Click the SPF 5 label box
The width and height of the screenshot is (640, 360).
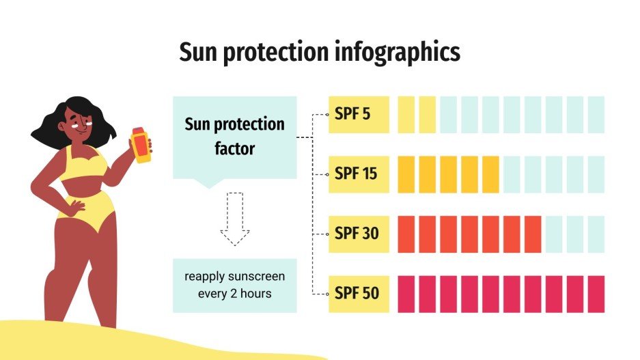coord(359,115)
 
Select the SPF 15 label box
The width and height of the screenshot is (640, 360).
coord(359,174)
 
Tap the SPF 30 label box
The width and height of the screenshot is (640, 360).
coord(359,234)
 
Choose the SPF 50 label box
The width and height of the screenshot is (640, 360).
coord(359,294)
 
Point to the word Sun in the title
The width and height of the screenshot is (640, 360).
coord(196,53)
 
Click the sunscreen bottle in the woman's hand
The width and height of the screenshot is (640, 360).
coord(141,144)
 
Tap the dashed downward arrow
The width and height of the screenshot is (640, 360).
coord(235,219)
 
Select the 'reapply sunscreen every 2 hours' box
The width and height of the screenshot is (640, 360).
coord(234,285)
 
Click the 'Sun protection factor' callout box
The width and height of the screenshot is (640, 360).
coord(234,137)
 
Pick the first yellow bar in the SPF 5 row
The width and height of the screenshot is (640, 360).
coord(406,115)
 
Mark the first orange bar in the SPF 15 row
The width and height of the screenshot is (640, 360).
coord(406,174)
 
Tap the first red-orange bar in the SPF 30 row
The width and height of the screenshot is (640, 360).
coord(406,234)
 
